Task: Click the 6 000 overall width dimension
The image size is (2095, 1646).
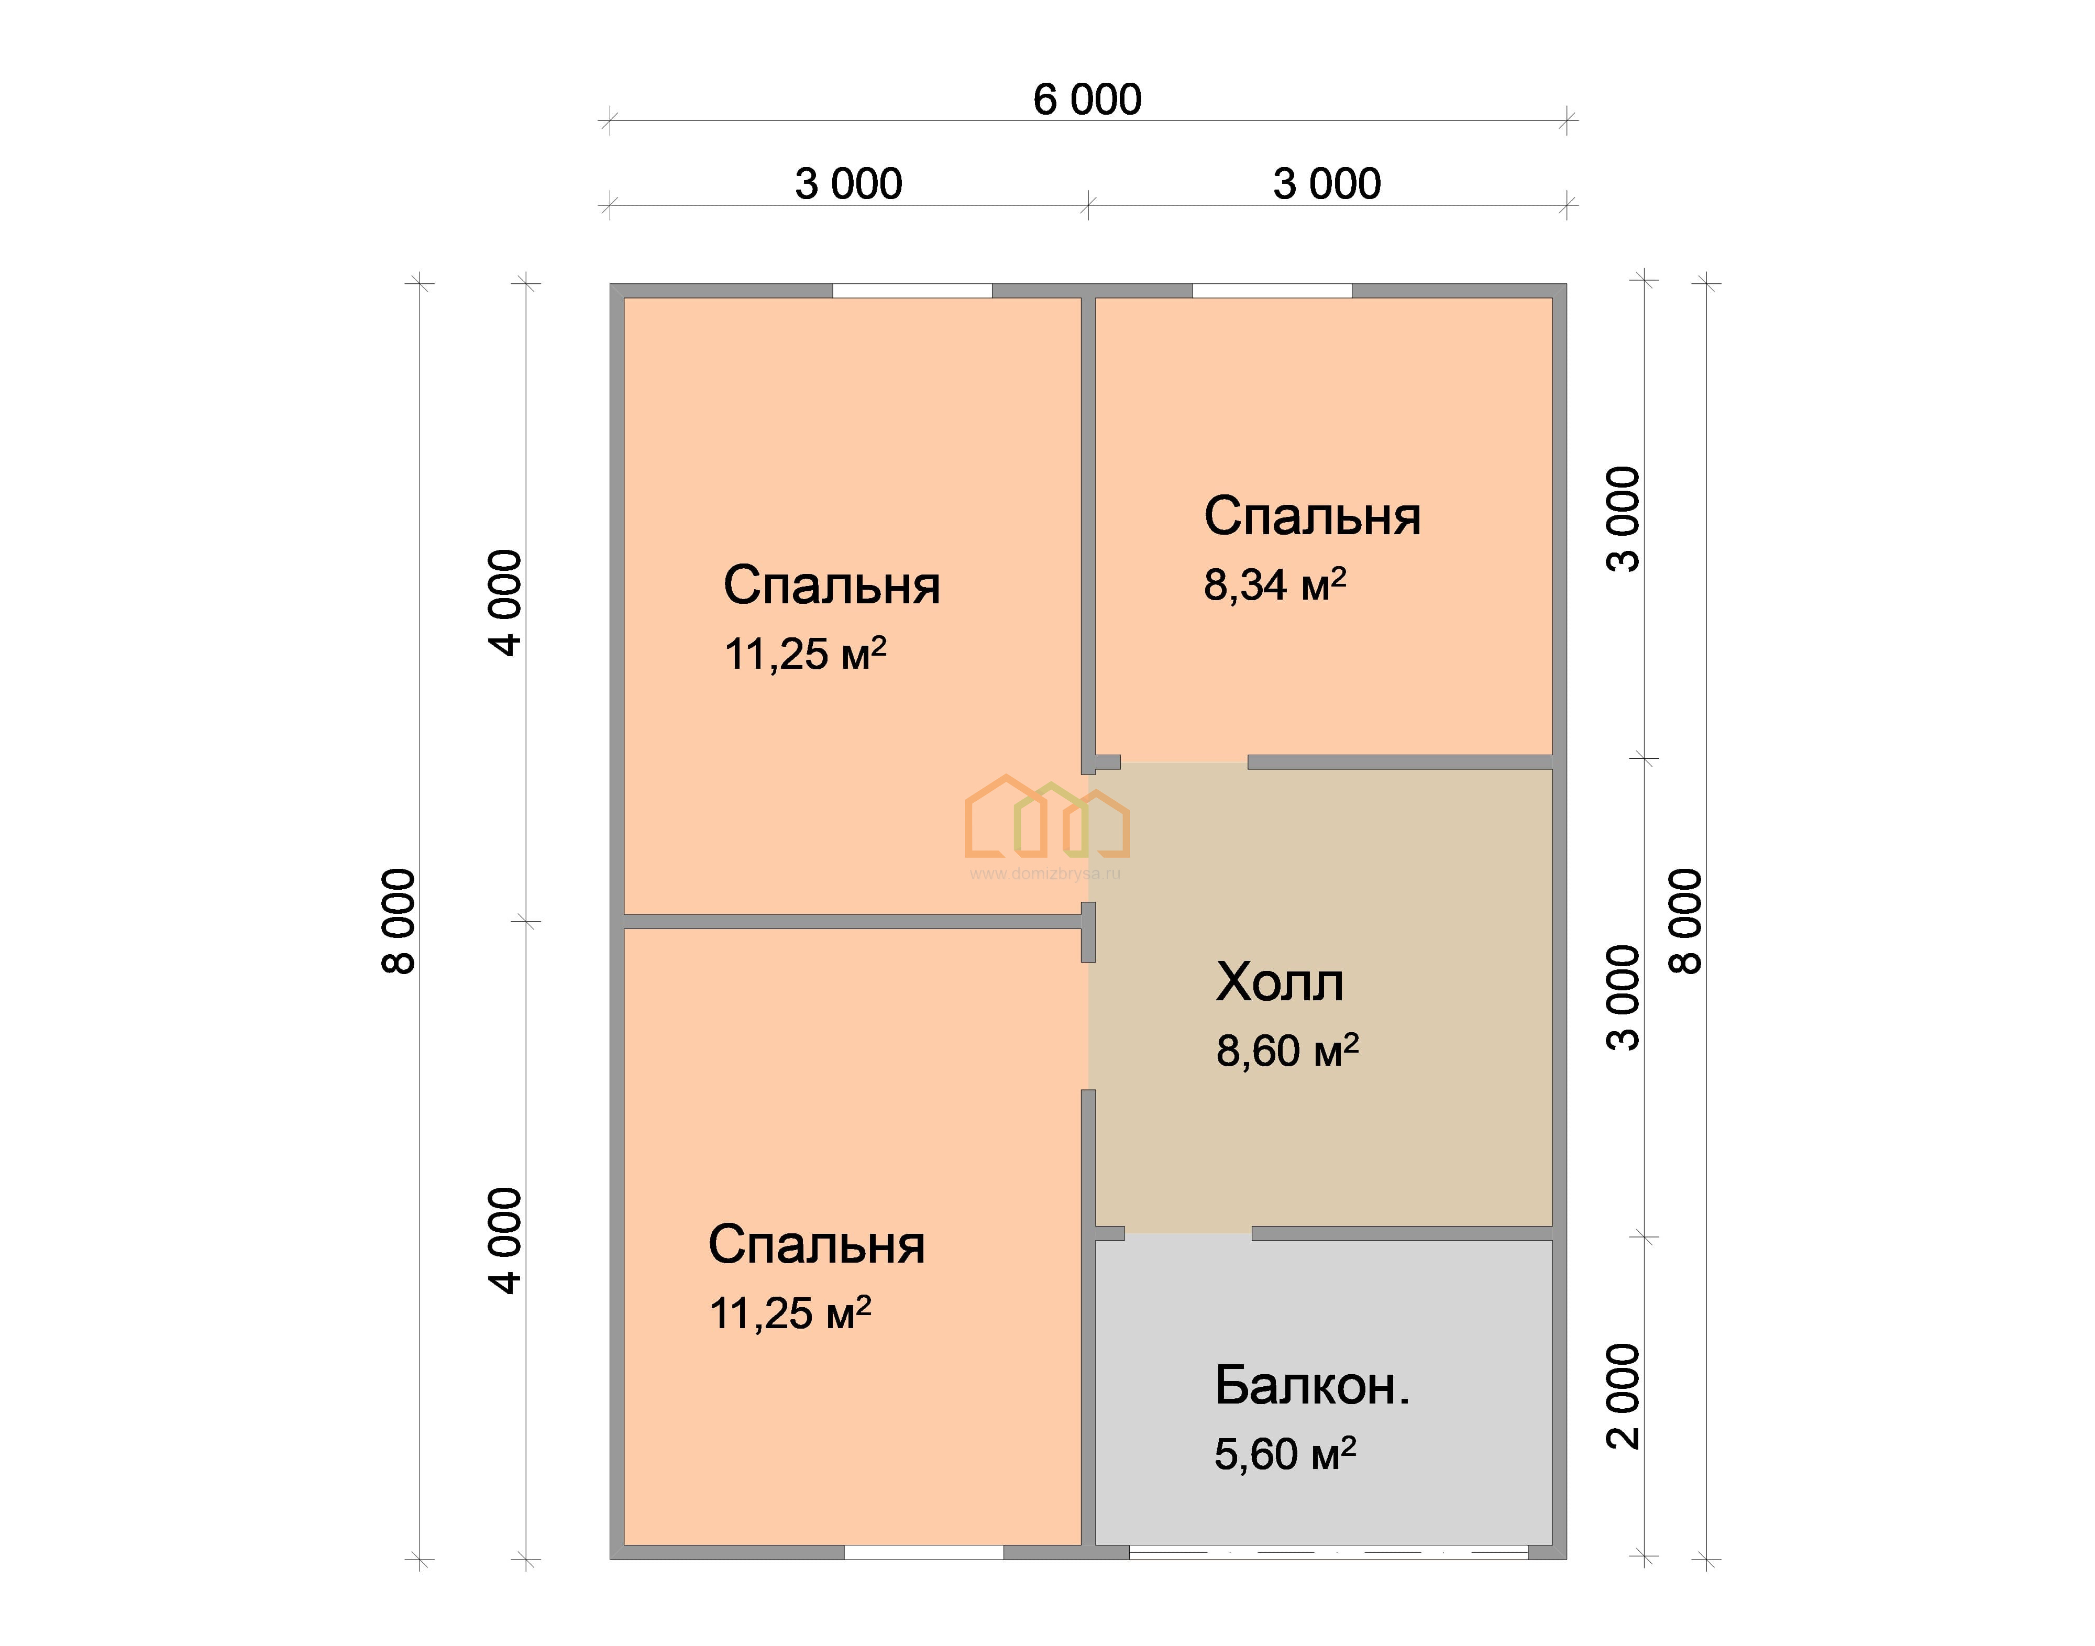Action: click(x=1087, y=100)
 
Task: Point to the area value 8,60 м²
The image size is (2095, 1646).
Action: click(x=1287, y=1051)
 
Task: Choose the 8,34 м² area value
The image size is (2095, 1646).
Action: click(x=1275, y=584)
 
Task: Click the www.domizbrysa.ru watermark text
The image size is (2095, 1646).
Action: click(x=1044, y=874)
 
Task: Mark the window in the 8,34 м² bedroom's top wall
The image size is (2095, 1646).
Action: click(x=1272, y=290)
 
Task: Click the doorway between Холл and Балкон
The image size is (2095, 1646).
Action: click(x=1188, y=1233)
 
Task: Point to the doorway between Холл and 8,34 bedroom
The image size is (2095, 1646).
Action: click(x=1184, y=763)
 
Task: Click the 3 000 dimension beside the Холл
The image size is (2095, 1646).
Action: click(x=1624, y=998)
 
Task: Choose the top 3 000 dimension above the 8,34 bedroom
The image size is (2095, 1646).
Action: click(x=1327, y=184)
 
